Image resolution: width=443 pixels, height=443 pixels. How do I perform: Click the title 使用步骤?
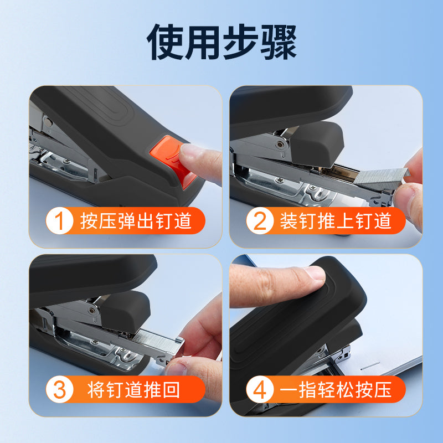pos(221,42)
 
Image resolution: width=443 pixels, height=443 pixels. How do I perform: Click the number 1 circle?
pos(60,220)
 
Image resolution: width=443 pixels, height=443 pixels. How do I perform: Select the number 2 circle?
pos(260,220)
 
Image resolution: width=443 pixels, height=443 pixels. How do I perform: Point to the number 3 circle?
pos(60,389)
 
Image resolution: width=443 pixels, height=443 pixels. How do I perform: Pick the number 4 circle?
pos(260,389)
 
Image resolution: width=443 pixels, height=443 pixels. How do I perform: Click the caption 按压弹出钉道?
pos(136,220)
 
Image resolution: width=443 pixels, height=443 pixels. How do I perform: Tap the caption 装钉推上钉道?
pos(336,220)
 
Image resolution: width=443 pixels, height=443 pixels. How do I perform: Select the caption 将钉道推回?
pos(133,390)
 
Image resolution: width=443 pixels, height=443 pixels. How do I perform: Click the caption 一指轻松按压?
pos(336,390)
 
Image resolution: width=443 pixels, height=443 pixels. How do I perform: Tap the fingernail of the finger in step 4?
pos(316,273)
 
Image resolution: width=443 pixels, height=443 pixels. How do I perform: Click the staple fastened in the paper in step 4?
pos(370,366)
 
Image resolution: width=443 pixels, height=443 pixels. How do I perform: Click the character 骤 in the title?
pos(279,42)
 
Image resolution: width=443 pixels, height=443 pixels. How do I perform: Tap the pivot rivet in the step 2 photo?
pos(280,145)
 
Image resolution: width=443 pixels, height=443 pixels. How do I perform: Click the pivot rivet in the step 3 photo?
pos(91,311)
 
